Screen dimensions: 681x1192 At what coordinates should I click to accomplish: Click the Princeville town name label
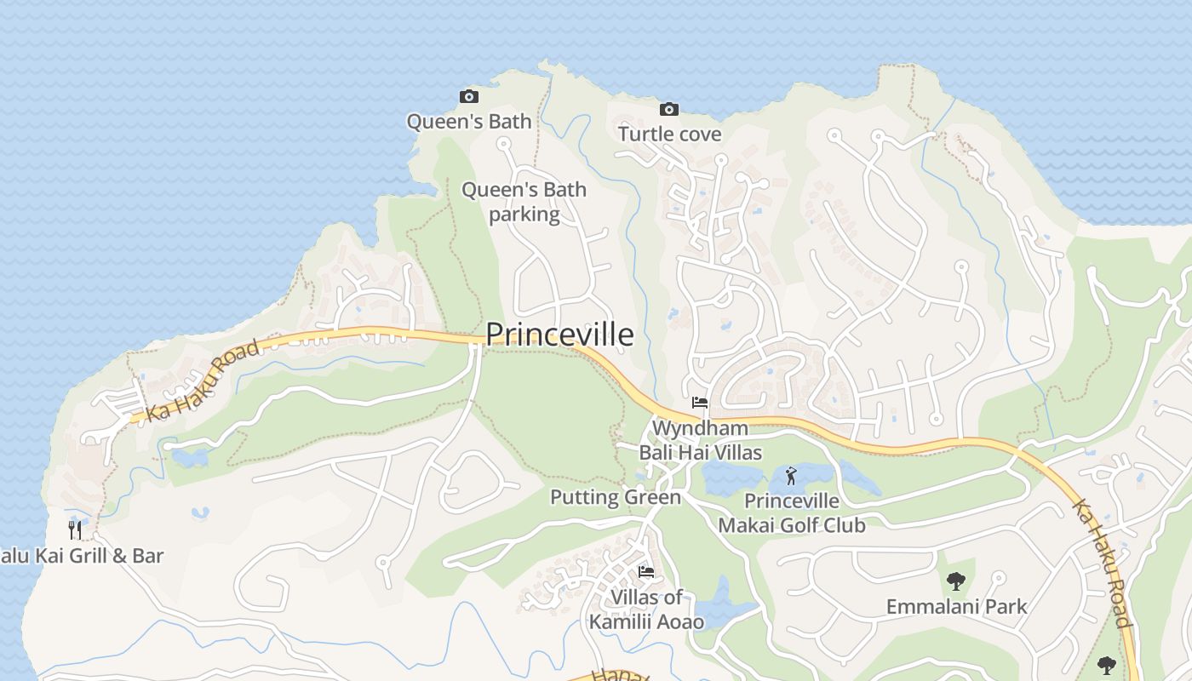(559, 335)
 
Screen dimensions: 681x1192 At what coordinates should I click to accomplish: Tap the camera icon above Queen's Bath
(468, 96)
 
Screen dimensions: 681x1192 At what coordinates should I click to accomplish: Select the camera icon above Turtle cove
(669, 109)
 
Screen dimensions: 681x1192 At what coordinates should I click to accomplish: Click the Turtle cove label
(669, 134)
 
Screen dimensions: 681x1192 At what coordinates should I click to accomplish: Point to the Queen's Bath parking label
(524, 202)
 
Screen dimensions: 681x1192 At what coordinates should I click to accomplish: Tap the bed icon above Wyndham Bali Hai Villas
(700, 403)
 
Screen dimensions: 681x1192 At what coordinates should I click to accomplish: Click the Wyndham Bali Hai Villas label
(700, 440)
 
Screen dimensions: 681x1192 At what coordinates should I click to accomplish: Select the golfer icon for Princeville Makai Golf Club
(791, 476)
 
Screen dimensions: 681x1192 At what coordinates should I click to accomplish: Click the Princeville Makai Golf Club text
(791, 513)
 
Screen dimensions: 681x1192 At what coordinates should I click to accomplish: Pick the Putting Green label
(616, 497)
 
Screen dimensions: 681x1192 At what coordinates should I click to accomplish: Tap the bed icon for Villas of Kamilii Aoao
(646, 571)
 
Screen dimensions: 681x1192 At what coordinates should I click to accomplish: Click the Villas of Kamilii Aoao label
(646, 609)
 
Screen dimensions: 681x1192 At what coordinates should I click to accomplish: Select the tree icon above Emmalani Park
(956, 581)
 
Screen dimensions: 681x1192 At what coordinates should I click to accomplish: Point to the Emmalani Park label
(956, 607)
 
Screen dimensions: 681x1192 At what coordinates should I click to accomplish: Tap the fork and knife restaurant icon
(75, 530)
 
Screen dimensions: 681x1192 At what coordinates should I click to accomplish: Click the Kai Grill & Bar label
(81, 556)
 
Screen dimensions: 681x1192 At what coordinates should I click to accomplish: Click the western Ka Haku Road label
(202, 381)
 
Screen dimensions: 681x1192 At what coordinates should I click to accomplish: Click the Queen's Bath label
(468, 121)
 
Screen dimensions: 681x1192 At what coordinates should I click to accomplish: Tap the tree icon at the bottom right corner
(1106, 664)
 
